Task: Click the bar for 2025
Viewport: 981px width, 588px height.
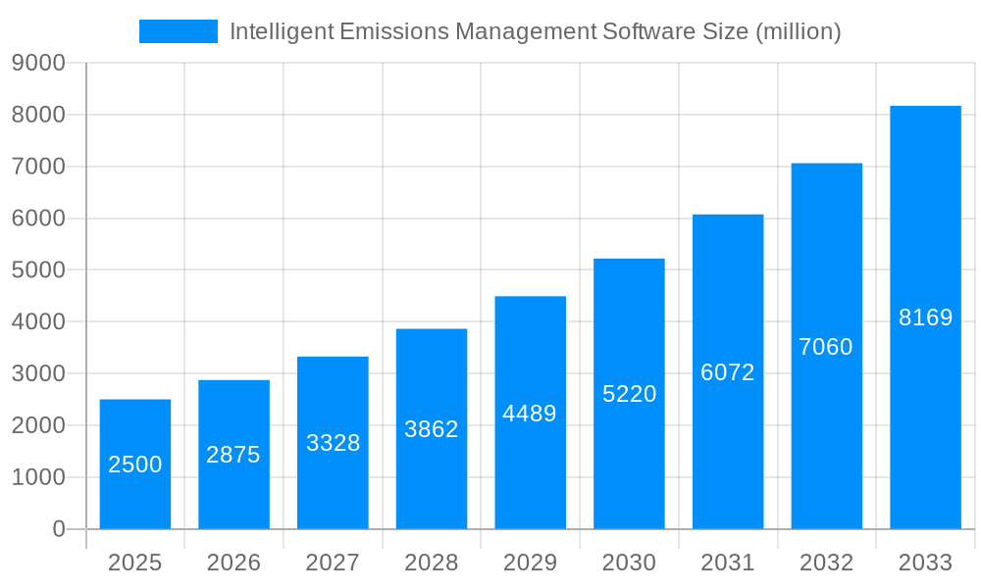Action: [x=135, y=465]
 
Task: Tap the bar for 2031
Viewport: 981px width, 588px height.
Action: [x=728, y=372]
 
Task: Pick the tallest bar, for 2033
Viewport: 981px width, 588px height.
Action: [x=925, y=318]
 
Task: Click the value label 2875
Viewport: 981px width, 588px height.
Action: [x=233, y=455]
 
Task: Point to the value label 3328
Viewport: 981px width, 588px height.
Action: [x=334, y=443]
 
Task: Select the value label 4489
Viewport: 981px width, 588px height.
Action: [x=530, y=414]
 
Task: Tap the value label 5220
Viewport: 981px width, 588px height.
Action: [x=629, y=394]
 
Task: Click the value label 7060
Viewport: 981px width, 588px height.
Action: [x=826, y=347]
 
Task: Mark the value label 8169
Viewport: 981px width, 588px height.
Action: [x=925, y=318]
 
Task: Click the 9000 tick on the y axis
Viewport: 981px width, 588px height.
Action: [x=38, y=64]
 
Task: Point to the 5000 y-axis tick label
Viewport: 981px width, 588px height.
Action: [x=38, y=270]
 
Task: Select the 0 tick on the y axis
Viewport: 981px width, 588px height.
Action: [x=58, y=529]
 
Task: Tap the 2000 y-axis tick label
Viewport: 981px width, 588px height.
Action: [x=38, y=425]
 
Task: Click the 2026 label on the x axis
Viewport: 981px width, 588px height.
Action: [x=233, y=563]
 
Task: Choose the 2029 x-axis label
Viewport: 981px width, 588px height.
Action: [x=530, y=563]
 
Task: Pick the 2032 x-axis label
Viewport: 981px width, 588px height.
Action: [x=826, y=563]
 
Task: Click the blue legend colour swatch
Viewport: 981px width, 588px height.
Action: [x=179, y=31]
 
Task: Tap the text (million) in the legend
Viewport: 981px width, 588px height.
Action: [x=798, y=31]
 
